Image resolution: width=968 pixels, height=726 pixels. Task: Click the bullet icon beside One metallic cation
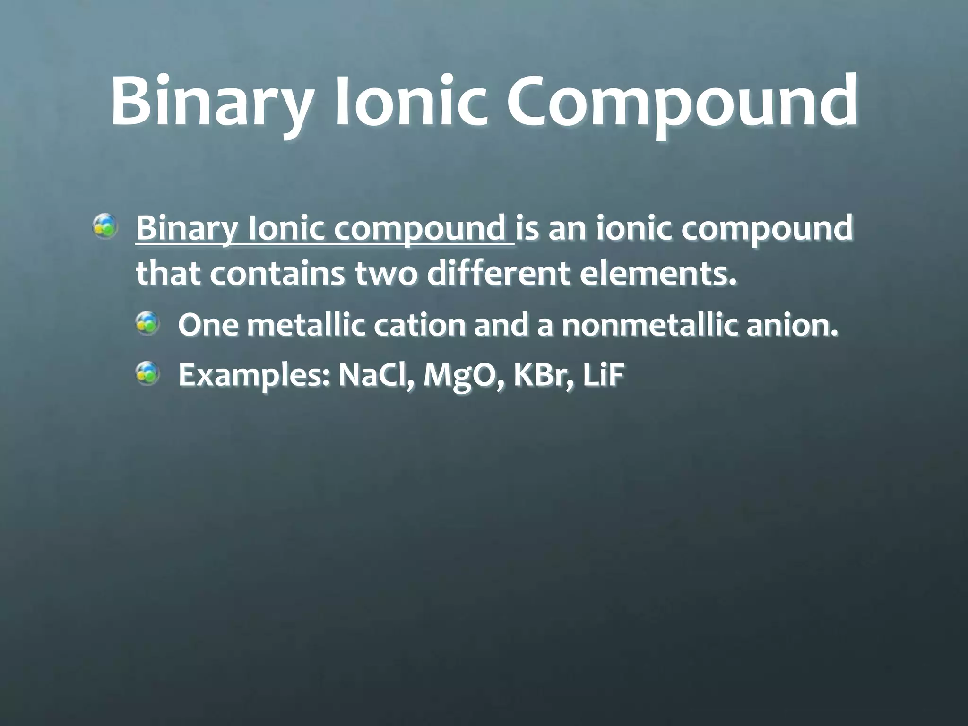tap(147, 325)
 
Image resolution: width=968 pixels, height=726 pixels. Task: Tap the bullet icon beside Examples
tap(147, 372)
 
